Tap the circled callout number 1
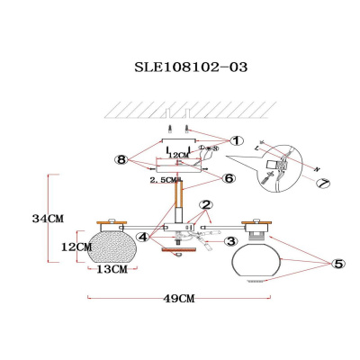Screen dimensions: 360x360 coord(237,140)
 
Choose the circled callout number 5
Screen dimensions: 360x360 coord(337,264)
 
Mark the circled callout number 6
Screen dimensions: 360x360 coord(229,178)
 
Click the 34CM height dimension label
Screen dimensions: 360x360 coord(46,217)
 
